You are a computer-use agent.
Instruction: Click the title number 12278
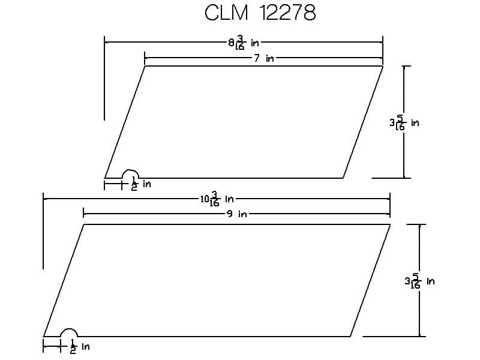[287, 13]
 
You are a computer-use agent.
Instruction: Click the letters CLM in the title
[226, 13]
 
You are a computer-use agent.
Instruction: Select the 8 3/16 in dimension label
[244, 43]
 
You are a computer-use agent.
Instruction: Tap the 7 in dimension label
[264, 58]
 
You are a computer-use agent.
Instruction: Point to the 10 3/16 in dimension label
[217, 199]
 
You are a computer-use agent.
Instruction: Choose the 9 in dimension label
[237, 214]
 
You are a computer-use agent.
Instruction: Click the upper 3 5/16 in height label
[404, 123]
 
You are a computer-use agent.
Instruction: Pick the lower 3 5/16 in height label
[419, 281]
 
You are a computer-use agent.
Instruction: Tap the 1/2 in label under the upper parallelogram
[141, 184]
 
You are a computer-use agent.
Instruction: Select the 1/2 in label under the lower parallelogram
[80, 346]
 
